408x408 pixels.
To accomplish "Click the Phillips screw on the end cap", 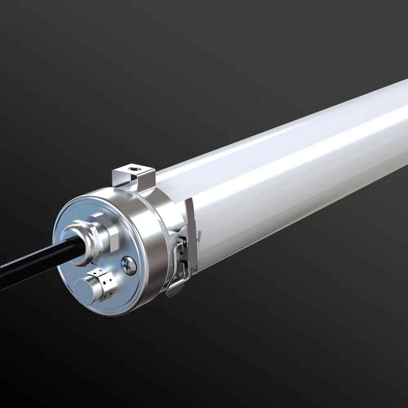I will (129, 265).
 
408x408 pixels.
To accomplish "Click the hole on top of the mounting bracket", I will (132, 167).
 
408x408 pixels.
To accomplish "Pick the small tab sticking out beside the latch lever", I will (199, 235).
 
